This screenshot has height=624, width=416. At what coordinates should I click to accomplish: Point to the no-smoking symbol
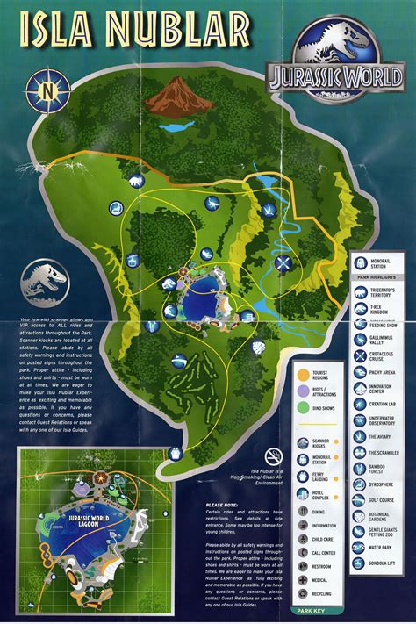click(x=274, y=455)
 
